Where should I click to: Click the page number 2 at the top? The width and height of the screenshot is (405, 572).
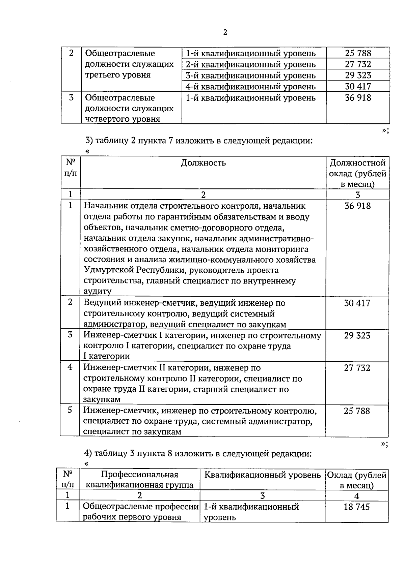(x=225, y=32)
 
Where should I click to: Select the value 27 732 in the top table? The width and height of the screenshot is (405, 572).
(x=358, y=64)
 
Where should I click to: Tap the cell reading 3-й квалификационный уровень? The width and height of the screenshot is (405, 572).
(x=251, y=75)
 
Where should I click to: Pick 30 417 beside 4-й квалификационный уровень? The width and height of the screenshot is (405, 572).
(x=358, y=86)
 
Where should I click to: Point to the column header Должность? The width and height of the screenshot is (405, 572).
(x=203, y=163)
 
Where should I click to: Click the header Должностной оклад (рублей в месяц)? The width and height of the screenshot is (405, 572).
(x=357, y=174)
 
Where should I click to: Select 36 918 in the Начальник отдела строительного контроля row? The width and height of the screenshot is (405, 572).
(x=357, y=206)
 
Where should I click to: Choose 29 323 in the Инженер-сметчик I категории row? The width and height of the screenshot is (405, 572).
(x=357, y=336)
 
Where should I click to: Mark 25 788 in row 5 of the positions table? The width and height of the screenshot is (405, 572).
(x=357, y=411)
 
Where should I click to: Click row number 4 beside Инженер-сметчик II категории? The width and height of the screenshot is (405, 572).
(x=70, y=367)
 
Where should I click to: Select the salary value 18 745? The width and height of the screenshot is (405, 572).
(x=357, y=507)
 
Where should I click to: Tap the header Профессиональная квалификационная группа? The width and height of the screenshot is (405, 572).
(x=139, y=480)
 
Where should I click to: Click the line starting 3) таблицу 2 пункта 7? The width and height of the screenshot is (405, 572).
(x=199, y=141)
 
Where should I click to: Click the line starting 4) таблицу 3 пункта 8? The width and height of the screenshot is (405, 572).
(x=198, y=454)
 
